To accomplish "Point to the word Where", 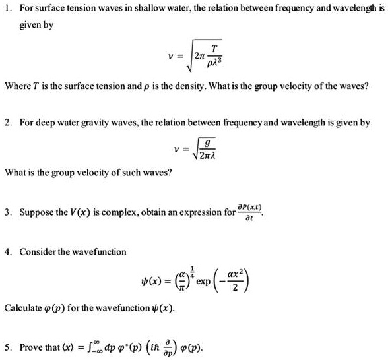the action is [x=18, y=86].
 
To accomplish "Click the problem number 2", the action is [x=7, y=122].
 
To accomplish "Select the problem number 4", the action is [x=7, y=251].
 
